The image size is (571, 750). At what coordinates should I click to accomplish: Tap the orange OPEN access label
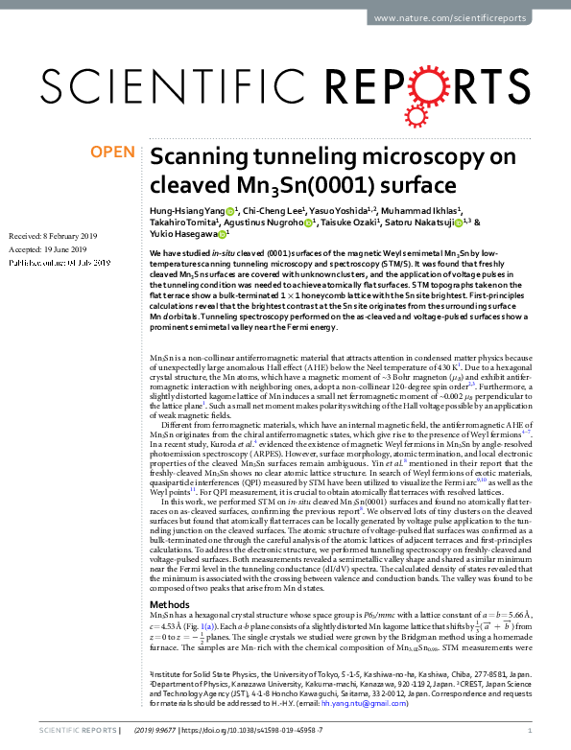(x=112, y=152)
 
